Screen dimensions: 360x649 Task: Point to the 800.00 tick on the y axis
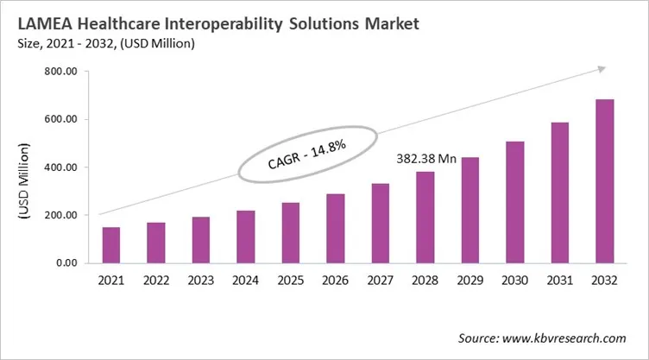[60, 72]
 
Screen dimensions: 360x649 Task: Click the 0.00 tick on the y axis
[66, 262]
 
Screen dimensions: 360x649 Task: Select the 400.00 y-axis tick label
[60, 167]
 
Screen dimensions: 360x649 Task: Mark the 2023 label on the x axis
[201, 281]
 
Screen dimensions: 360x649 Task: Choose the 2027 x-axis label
[381, 281]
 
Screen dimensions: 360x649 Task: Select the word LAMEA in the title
[45, 22]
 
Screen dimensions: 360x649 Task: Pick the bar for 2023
[201, 240]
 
